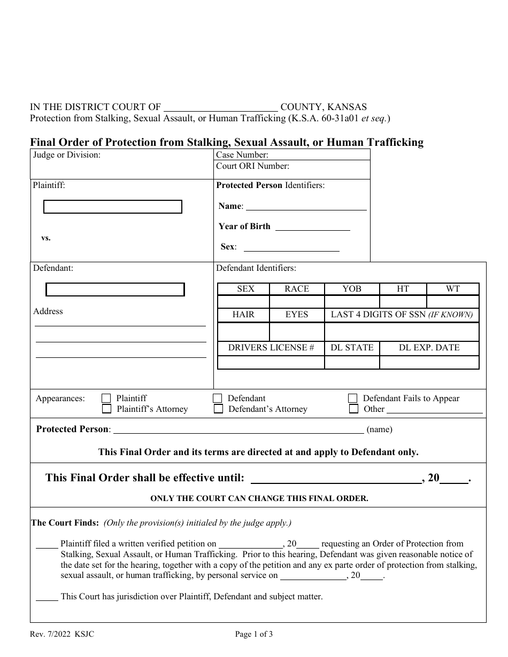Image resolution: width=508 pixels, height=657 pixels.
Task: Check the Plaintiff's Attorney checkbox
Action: click(x=107, y=409)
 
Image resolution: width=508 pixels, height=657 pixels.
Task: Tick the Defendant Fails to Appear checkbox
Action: click(x=353, y=398)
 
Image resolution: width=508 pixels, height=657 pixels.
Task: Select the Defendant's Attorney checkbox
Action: click(x=218, y=409)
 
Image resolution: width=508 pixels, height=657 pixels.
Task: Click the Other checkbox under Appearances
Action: click(x=353, y=409)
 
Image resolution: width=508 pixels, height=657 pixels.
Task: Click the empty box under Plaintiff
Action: click(x=113, y=207)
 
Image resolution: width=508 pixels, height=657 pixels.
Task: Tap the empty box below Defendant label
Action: click(x=116, y=290)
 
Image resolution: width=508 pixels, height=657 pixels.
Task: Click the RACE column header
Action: click(x=297, y=289)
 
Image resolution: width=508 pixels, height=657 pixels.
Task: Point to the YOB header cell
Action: click(x=352, y=289)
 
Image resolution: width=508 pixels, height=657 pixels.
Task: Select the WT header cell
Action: click(x=453, y=289)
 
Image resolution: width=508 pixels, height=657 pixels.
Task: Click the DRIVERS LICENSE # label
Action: click(x=271, y=348)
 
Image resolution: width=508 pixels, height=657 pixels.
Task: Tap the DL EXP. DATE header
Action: click(x=429, y=348)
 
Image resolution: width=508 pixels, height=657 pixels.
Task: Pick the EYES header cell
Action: click(x=297, y=315)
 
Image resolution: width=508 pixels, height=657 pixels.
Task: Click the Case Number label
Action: click(x=242, y=155)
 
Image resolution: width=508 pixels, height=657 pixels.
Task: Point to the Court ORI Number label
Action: click(x=252, y=166)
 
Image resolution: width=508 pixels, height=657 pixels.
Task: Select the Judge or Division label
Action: click(x=67, y=155)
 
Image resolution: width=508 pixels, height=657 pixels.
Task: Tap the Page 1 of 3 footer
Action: click(x=254, y=635)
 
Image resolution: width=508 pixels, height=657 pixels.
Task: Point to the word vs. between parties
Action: click(x=46, y=238)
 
